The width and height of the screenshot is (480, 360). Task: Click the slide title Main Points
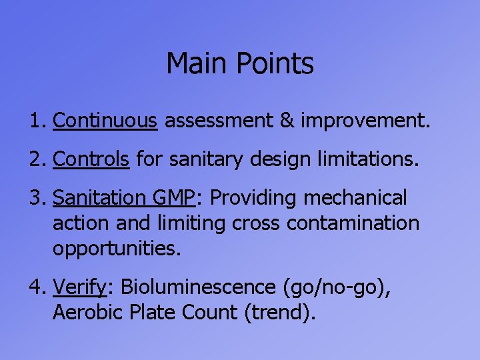[x=239, y=64]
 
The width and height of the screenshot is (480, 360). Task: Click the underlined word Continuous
[x=105, y=121]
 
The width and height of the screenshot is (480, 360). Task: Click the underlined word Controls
[x=91, y=159]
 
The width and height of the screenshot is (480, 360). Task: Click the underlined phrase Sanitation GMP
[x=123, y=198]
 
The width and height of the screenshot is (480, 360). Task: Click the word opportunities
[x=115, y=249]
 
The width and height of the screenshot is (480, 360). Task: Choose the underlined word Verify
[x=81, y=287]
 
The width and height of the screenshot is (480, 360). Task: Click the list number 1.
[x=36, y=121]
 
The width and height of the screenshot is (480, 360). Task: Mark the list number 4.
[x=36, y=287]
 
